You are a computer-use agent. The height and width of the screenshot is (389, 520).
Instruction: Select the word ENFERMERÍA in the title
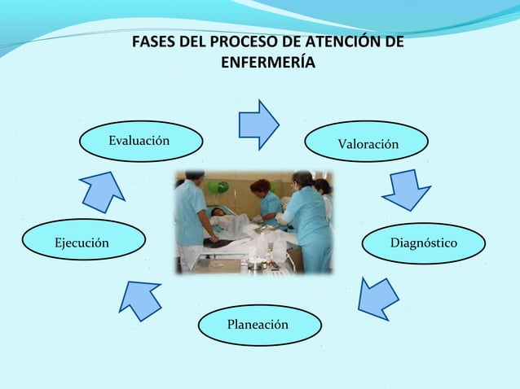[265, 63]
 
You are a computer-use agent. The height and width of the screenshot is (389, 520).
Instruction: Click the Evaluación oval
[140, 141]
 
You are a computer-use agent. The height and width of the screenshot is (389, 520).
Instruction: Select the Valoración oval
[368, 143]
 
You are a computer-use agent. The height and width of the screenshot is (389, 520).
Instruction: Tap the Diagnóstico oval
[423, 243]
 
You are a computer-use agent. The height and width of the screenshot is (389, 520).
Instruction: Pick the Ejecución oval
[84, 242]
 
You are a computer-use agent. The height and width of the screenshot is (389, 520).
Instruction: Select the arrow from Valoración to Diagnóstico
[405, 190]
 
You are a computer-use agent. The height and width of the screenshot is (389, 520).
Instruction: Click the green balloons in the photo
[218, 186]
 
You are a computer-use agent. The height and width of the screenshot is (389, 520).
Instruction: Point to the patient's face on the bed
[216, 212]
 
